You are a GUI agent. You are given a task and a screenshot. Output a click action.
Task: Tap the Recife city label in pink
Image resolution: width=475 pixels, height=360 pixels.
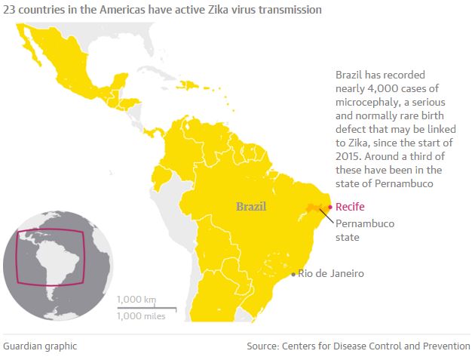pyautogui.click(x=351, y=207)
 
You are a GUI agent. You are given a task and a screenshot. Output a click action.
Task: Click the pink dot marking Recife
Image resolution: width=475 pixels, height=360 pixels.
pyautogui.click(x=330, y=207)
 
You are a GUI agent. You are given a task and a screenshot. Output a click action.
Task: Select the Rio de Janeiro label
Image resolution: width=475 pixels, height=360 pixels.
pyautogui.click(x=331, y=273)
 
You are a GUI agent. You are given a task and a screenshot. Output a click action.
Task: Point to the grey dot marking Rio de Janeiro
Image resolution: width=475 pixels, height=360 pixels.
pyautogui.click(x=294, y=274)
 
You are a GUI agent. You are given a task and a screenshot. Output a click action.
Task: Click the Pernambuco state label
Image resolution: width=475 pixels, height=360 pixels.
pyautogui.click(x=364, y=230)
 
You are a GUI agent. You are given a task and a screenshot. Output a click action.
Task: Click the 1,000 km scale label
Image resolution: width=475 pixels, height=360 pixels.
pyautogui.click(x=136, y=300)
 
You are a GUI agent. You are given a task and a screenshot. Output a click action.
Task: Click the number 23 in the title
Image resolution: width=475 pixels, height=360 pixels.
pyautogui.click(x=10, y=10)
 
